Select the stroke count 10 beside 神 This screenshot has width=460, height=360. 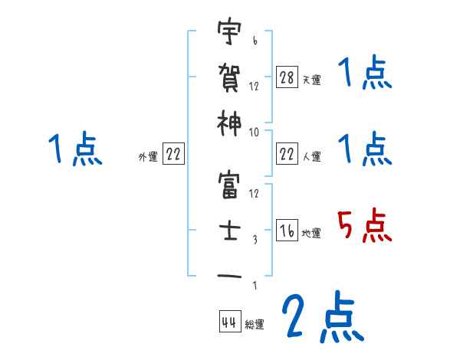point(255,132)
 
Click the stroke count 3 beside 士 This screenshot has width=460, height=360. point(254,240)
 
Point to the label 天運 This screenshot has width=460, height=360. point(312,80)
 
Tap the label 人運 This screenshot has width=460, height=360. point(312,157)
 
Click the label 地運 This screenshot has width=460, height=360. point(312,234)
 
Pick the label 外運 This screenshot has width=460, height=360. point(148,157)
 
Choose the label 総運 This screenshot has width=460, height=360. point(255,325)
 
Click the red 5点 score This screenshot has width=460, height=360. point(363,226)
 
